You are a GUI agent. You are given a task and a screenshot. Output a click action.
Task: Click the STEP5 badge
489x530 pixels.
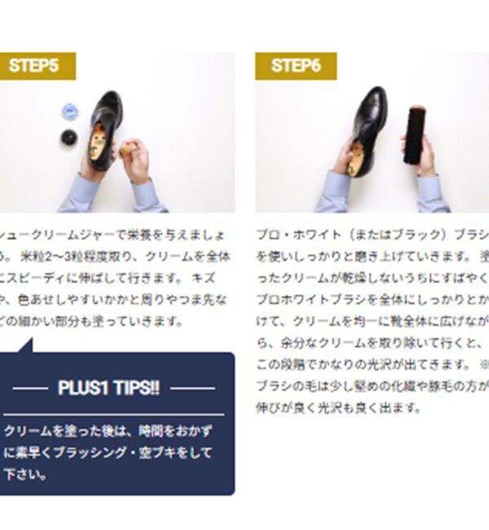point(37,66)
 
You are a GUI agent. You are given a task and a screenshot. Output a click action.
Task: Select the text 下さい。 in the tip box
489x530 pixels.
point(24,473)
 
